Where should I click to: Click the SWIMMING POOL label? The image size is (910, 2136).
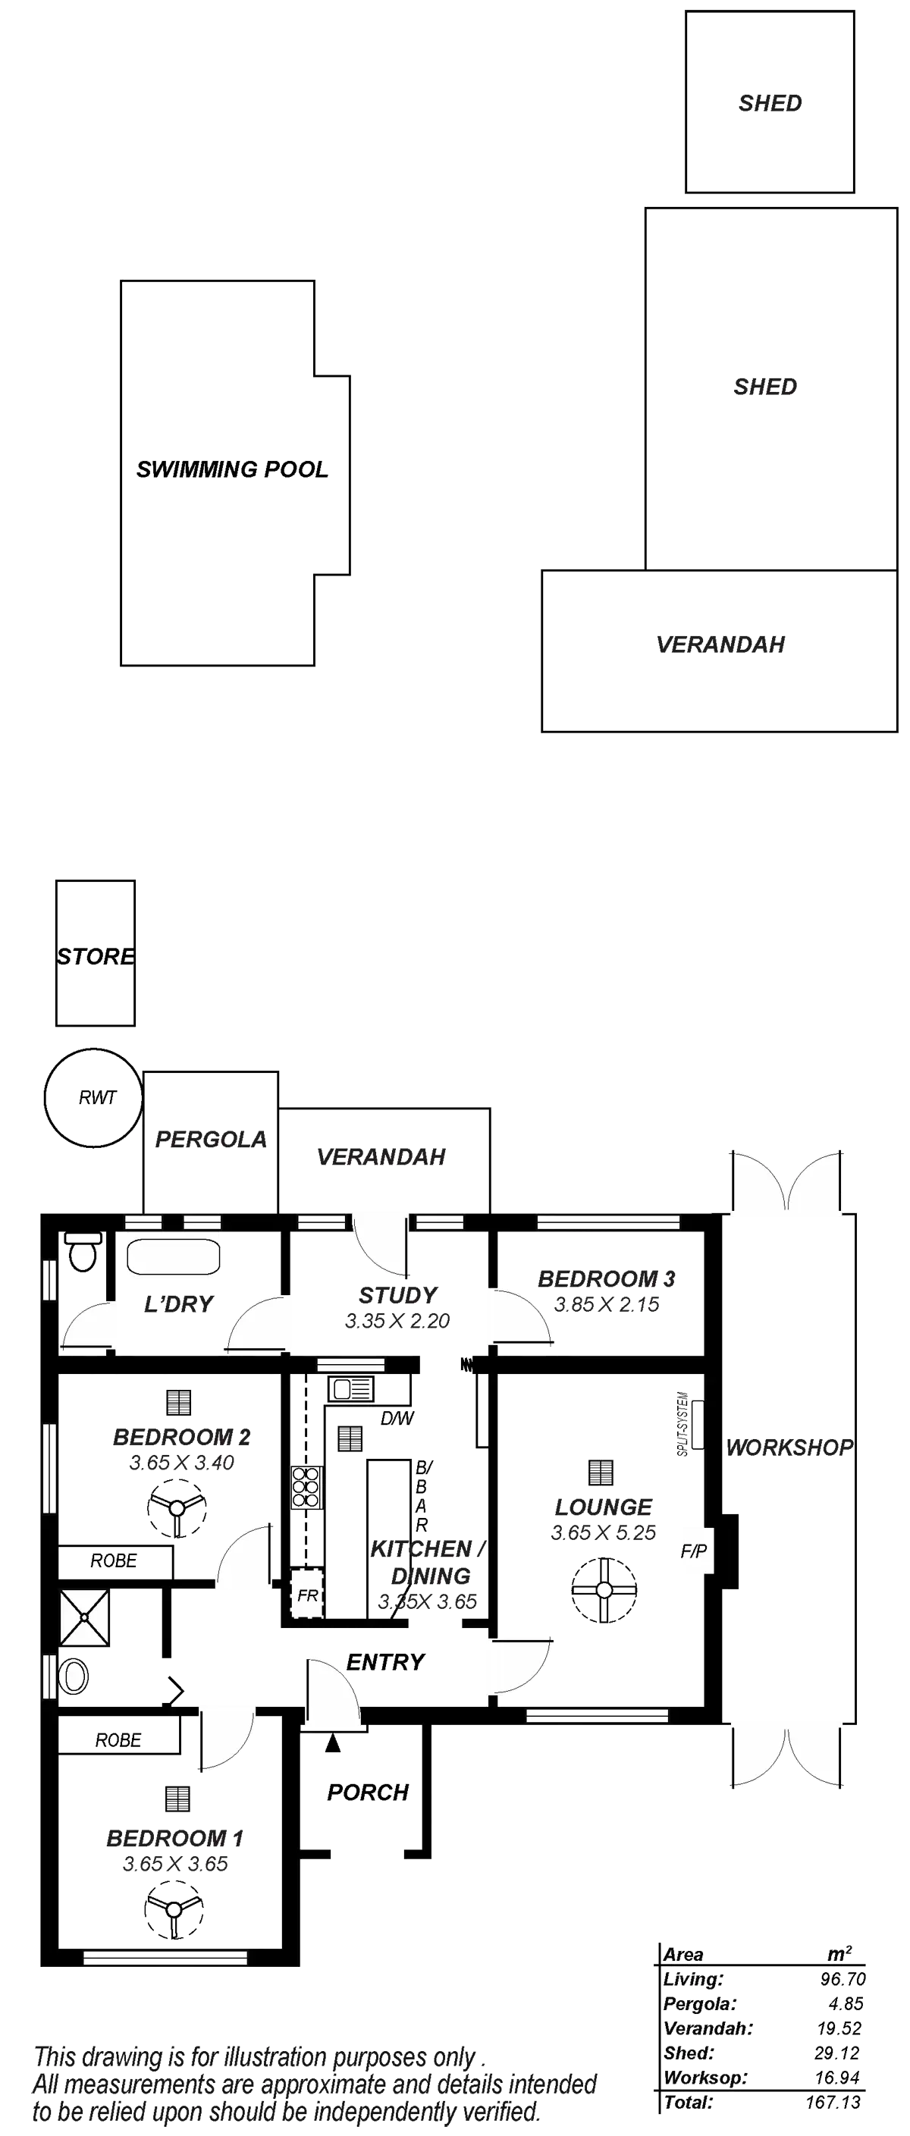[232, 469]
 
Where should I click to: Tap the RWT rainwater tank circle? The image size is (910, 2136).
[93, 1099]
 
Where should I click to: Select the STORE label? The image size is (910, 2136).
[96, 956]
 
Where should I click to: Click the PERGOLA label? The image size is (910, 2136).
[211, 1140]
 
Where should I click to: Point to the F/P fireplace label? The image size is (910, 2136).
[693, 1550]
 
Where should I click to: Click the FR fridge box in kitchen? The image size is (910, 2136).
[308, 1595]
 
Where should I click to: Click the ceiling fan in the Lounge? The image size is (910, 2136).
[604, 1589]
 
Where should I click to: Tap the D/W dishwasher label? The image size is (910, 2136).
[397, 1419]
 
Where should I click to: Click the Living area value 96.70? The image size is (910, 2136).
[842, 1979]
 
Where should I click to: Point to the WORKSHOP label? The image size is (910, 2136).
[789, 1447]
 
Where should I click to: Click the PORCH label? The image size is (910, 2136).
[369, 1792]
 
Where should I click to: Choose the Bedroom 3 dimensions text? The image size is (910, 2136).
[607, 1305]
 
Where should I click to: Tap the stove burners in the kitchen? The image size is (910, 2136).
[308, 1487]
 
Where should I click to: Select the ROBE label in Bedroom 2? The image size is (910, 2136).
[115, 1561]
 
